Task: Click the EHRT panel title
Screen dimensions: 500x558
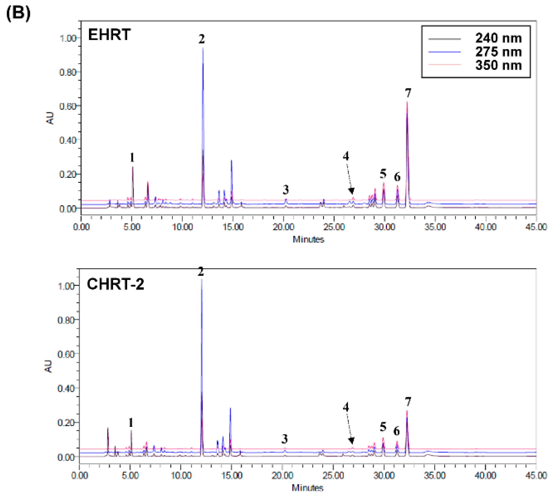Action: (109, 35)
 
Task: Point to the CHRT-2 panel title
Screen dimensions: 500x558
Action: (115, 284)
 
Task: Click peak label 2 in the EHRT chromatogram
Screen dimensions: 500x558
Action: (202, 39)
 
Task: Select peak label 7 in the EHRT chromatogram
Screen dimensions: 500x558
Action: (408, 93)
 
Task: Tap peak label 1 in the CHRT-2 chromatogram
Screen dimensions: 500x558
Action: (131, 423)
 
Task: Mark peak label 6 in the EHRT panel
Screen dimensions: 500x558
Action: (397, 177)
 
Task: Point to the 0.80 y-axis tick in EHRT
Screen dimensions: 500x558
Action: (68, 72)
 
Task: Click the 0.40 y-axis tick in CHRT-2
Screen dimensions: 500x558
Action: (66, 388)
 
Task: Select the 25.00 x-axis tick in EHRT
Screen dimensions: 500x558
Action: (334, 227)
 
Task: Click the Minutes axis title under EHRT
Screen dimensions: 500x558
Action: (308, 239)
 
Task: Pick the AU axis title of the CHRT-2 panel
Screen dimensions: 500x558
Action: (48, 366)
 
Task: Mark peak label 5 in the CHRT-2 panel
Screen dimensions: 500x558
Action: (383, 427)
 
